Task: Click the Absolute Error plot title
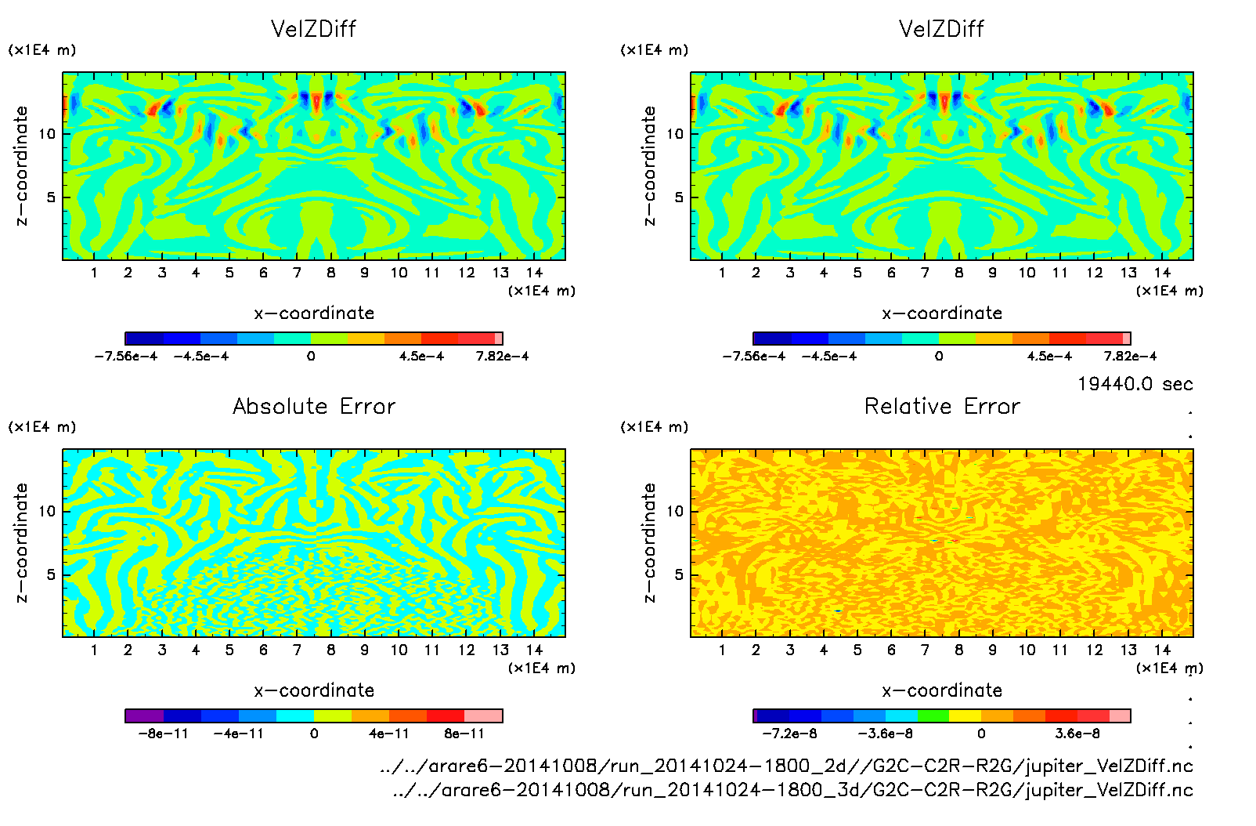click(x=313, y=406)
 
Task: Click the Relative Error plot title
click(x=941, y=406)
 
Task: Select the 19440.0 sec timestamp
click(x=1135, y=384)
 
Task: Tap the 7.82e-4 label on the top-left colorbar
click(x=502, y=356)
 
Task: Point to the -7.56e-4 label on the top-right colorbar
click(x=753, y=356)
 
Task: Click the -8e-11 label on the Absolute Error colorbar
click(x=163, y=734)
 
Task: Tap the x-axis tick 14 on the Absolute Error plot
click(x=534, y=650)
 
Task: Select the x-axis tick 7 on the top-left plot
click(x=297, y=273)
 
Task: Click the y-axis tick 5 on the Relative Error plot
click(x=678, y=574)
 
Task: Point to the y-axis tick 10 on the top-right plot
click(x=675, y=133)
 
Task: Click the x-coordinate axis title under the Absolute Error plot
click(x=313, y=690)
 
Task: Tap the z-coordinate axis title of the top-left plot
click(x=21, y=165)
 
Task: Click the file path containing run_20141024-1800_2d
click(x=785, y=766)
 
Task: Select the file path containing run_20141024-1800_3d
click(x=792, y=790)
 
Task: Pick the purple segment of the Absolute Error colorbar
click(x=144, y=716)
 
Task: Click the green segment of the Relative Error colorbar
click(x=933, y=716)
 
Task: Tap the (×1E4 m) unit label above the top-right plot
click(x=654, y=50)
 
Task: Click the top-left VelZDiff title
click(x=313, y=29)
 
